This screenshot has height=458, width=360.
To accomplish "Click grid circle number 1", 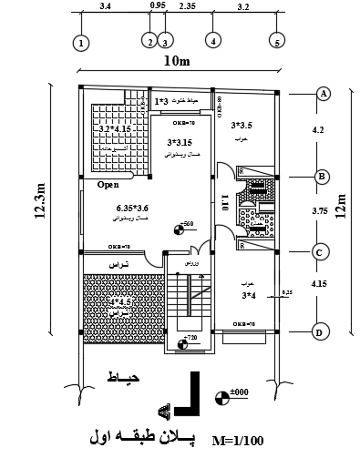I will pos(82,43).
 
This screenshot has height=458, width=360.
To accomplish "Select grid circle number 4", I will pos(212,41).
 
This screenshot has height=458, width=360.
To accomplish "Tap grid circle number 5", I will pos(276,42).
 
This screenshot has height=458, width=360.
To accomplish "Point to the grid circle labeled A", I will pos(322,93).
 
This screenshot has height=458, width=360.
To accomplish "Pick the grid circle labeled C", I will pos(321,252).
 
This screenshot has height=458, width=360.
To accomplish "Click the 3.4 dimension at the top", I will pos(105,6).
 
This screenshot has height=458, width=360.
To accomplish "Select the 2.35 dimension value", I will pos(188,6).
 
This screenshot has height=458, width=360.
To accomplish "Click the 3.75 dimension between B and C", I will pos(319,211).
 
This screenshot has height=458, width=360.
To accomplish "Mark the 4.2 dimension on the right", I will pos(318,129).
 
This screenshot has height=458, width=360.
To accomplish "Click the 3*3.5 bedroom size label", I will pos(242,126).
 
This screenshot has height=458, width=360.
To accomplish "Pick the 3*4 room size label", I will pos(248,295).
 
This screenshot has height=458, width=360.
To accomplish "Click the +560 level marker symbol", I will pos(179,229).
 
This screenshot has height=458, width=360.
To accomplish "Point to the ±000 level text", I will pos(240,392).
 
